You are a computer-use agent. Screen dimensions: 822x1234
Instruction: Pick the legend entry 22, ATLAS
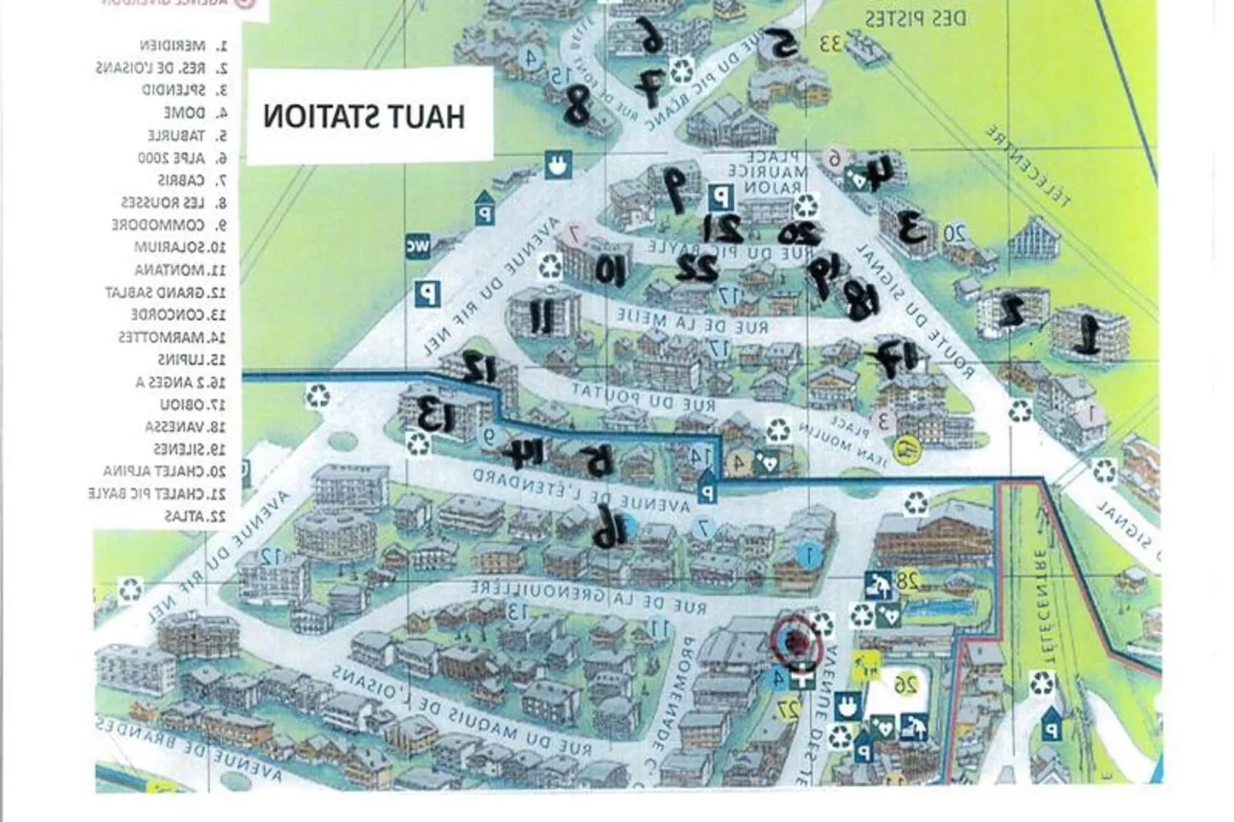click(195, 516)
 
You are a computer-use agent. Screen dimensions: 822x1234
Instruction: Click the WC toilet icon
click(419, 246)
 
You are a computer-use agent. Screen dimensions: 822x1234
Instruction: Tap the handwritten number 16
click(607, 529)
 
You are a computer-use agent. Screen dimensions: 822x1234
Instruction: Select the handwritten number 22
click(697, 268)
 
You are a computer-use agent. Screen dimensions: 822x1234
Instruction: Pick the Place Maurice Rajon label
click(765, 174)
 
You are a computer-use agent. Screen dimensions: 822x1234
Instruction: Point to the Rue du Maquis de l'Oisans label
click(461, 711)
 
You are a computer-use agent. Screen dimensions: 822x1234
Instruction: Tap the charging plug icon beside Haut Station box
click(557, 165)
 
